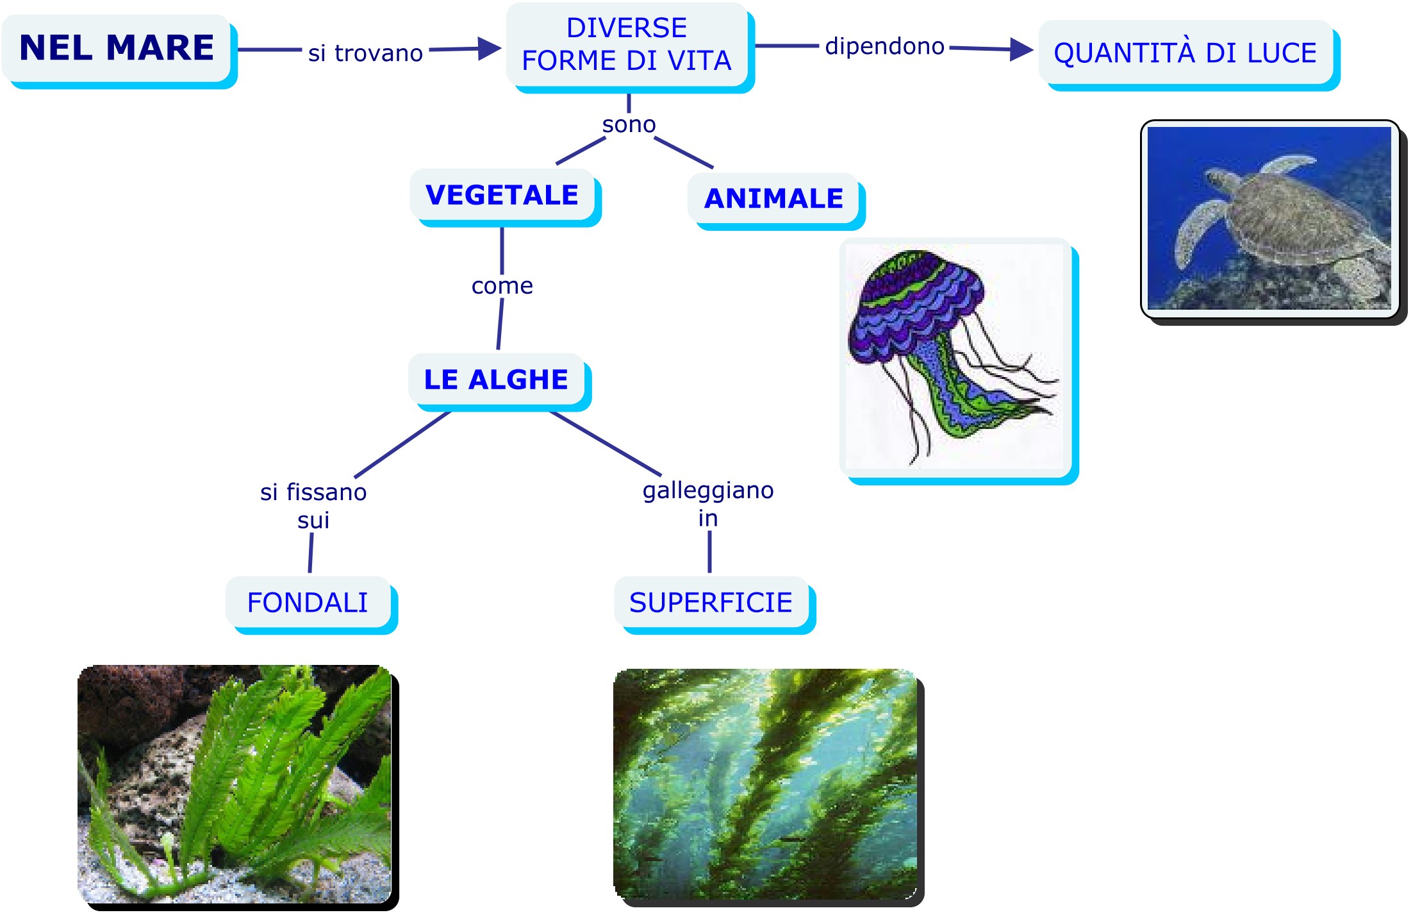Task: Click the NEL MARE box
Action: pyautogui.click(x=117, y=49)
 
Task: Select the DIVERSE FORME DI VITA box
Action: pyautogui.click(x=627, y=45)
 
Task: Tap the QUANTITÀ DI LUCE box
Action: pyautogui.click(x=1186, y=53)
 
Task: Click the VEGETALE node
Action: pyautogui.click(x=502, y=195)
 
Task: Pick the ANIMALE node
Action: pyautogui.click(x=773, y=199)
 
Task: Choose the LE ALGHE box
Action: pyautogui.click(x=496, y=380)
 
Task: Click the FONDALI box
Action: pyautogui.click(x=308, y=603)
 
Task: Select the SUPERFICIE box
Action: pyautogui.click(x=711, y=603)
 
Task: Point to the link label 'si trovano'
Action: pyautogui.click(x=365, y=53)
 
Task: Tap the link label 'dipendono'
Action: pyautogui.click(x=884, y=46)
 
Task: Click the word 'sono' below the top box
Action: pyautogui.click(x=629, y=124)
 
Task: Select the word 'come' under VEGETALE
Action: pyautogui.click(x=502, y=286)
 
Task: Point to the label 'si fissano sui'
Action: pyautogui.click(x=313, y=506)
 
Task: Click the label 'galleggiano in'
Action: pyautogui.click(x=708, y=504)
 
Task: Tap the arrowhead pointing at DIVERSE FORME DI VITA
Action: pyautogui.click(x=490, y=48)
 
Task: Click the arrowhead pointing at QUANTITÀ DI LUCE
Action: pyautogui.click(x=1021, y=49)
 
